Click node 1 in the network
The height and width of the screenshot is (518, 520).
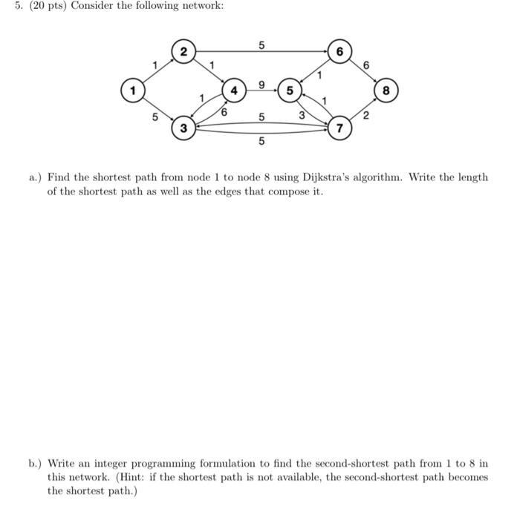tap(133, 91)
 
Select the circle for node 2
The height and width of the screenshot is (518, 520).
tap(183, 51)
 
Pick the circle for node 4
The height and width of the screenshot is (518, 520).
tap(235, 91)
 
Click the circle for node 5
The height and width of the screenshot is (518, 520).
tap(290, 91)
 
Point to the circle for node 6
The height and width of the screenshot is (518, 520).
tap(339, 51)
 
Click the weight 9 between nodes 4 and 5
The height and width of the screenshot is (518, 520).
tap(261, 85)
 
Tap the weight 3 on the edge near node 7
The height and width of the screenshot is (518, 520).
tap(302, 115)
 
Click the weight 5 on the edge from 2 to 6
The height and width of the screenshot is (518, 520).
tap(261, 45)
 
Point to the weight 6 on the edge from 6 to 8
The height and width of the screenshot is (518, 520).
tap(367, 65)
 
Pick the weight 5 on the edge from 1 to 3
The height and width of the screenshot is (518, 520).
tap(155, 117)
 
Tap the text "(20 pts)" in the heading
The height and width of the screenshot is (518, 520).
tap(46, 7)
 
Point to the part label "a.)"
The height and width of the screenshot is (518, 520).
tap(36, 177)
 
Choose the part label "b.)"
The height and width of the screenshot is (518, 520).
tap(36, 464)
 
